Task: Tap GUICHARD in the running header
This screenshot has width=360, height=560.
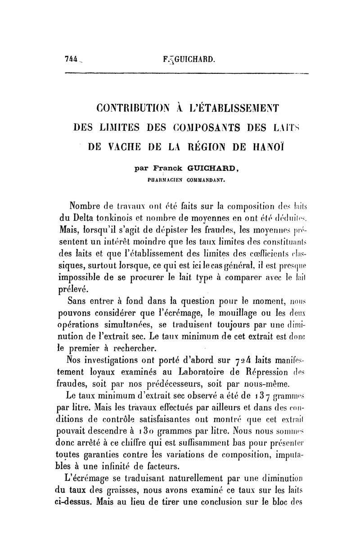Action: [195, 59]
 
